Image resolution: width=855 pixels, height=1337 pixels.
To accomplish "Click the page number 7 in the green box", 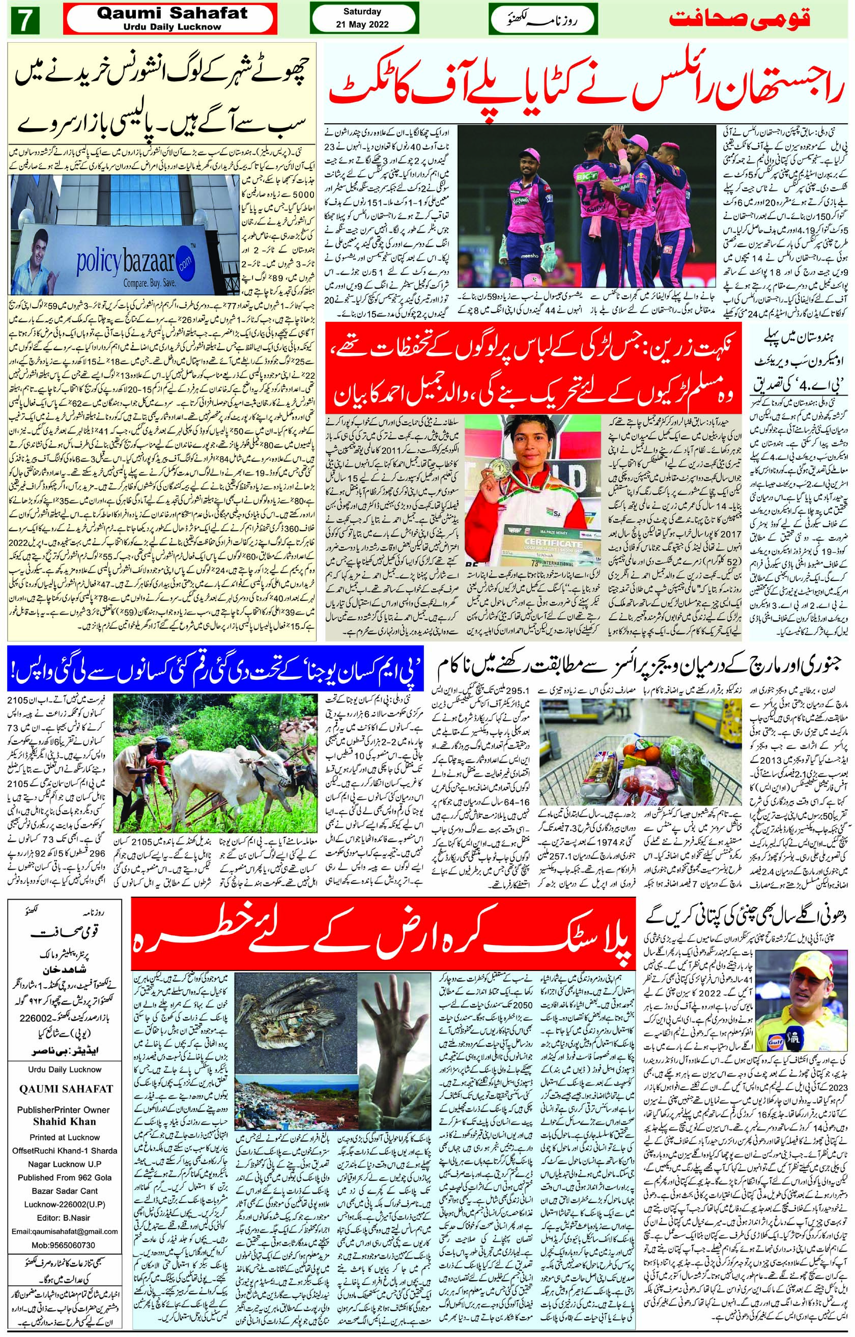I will (23, 20).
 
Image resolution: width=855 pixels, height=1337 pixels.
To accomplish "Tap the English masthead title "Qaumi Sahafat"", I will (172, 14).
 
